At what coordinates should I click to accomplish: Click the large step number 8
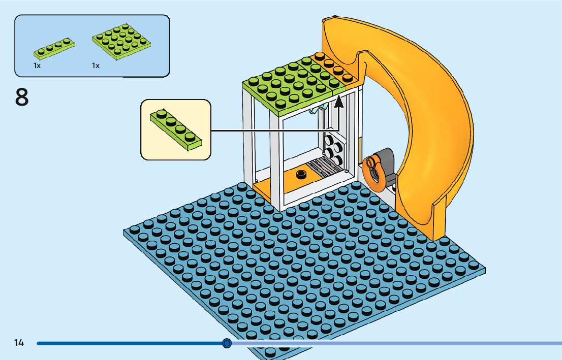tap(22, 97)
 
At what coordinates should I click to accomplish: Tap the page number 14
tap(19, 343)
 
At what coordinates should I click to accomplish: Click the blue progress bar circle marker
tap(227, 344)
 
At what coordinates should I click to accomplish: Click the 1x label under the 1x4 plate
tap(37, 66)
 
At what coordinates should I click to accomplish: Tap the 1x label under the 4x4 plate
tap(96, 66)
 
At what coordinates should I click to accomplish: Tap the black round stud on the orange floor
tap(301, 175)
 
